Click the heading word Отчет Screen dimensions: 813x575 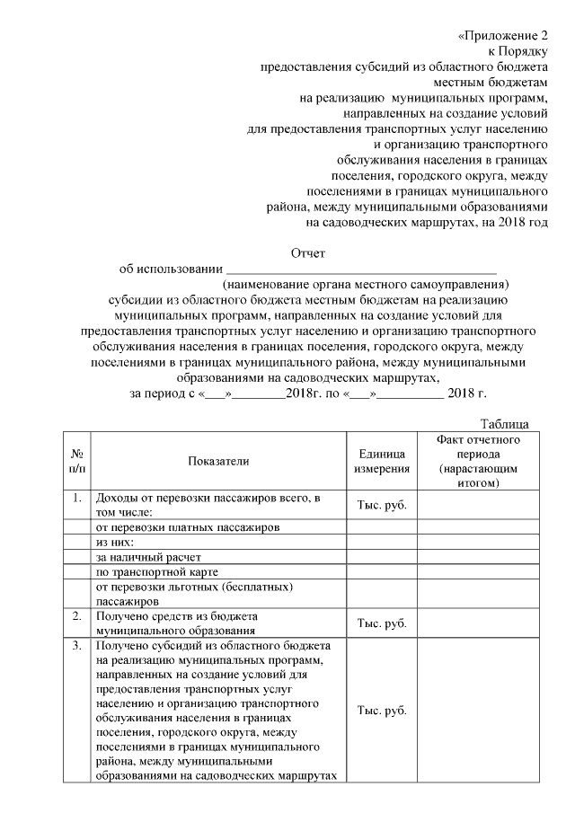pyautogui.click(x=308, y=254)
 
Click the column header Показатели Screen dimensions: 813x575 pyautogui.click(x=218, y=461)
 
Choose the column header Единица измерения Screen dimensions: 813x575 pyautogui.click(x=382, y=461)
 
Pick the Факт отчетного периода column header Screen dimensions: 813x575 pyautogui.click(x=478, y=461)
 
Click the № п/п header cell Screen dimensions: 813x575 pyautogui.click(x=76, y=461)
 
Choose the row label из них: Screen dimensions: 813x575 pyautogui.click(x=115, y=543)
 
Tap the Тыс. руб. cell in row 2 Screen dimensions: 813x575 pyautogui.click(x=382, y=623)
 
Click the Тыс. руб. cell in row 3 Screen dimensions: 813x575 pyautogui.click(x=382, y=710)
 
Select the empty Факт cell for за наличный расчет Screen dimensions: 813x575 pyautogui.click(x=478, y=558)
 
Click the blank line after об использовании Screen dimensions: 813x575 pyautogui.click(x=360, y=269)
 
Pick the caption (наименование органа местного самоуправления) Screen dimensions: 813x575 pyautogui.click(x=367, y=284)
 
